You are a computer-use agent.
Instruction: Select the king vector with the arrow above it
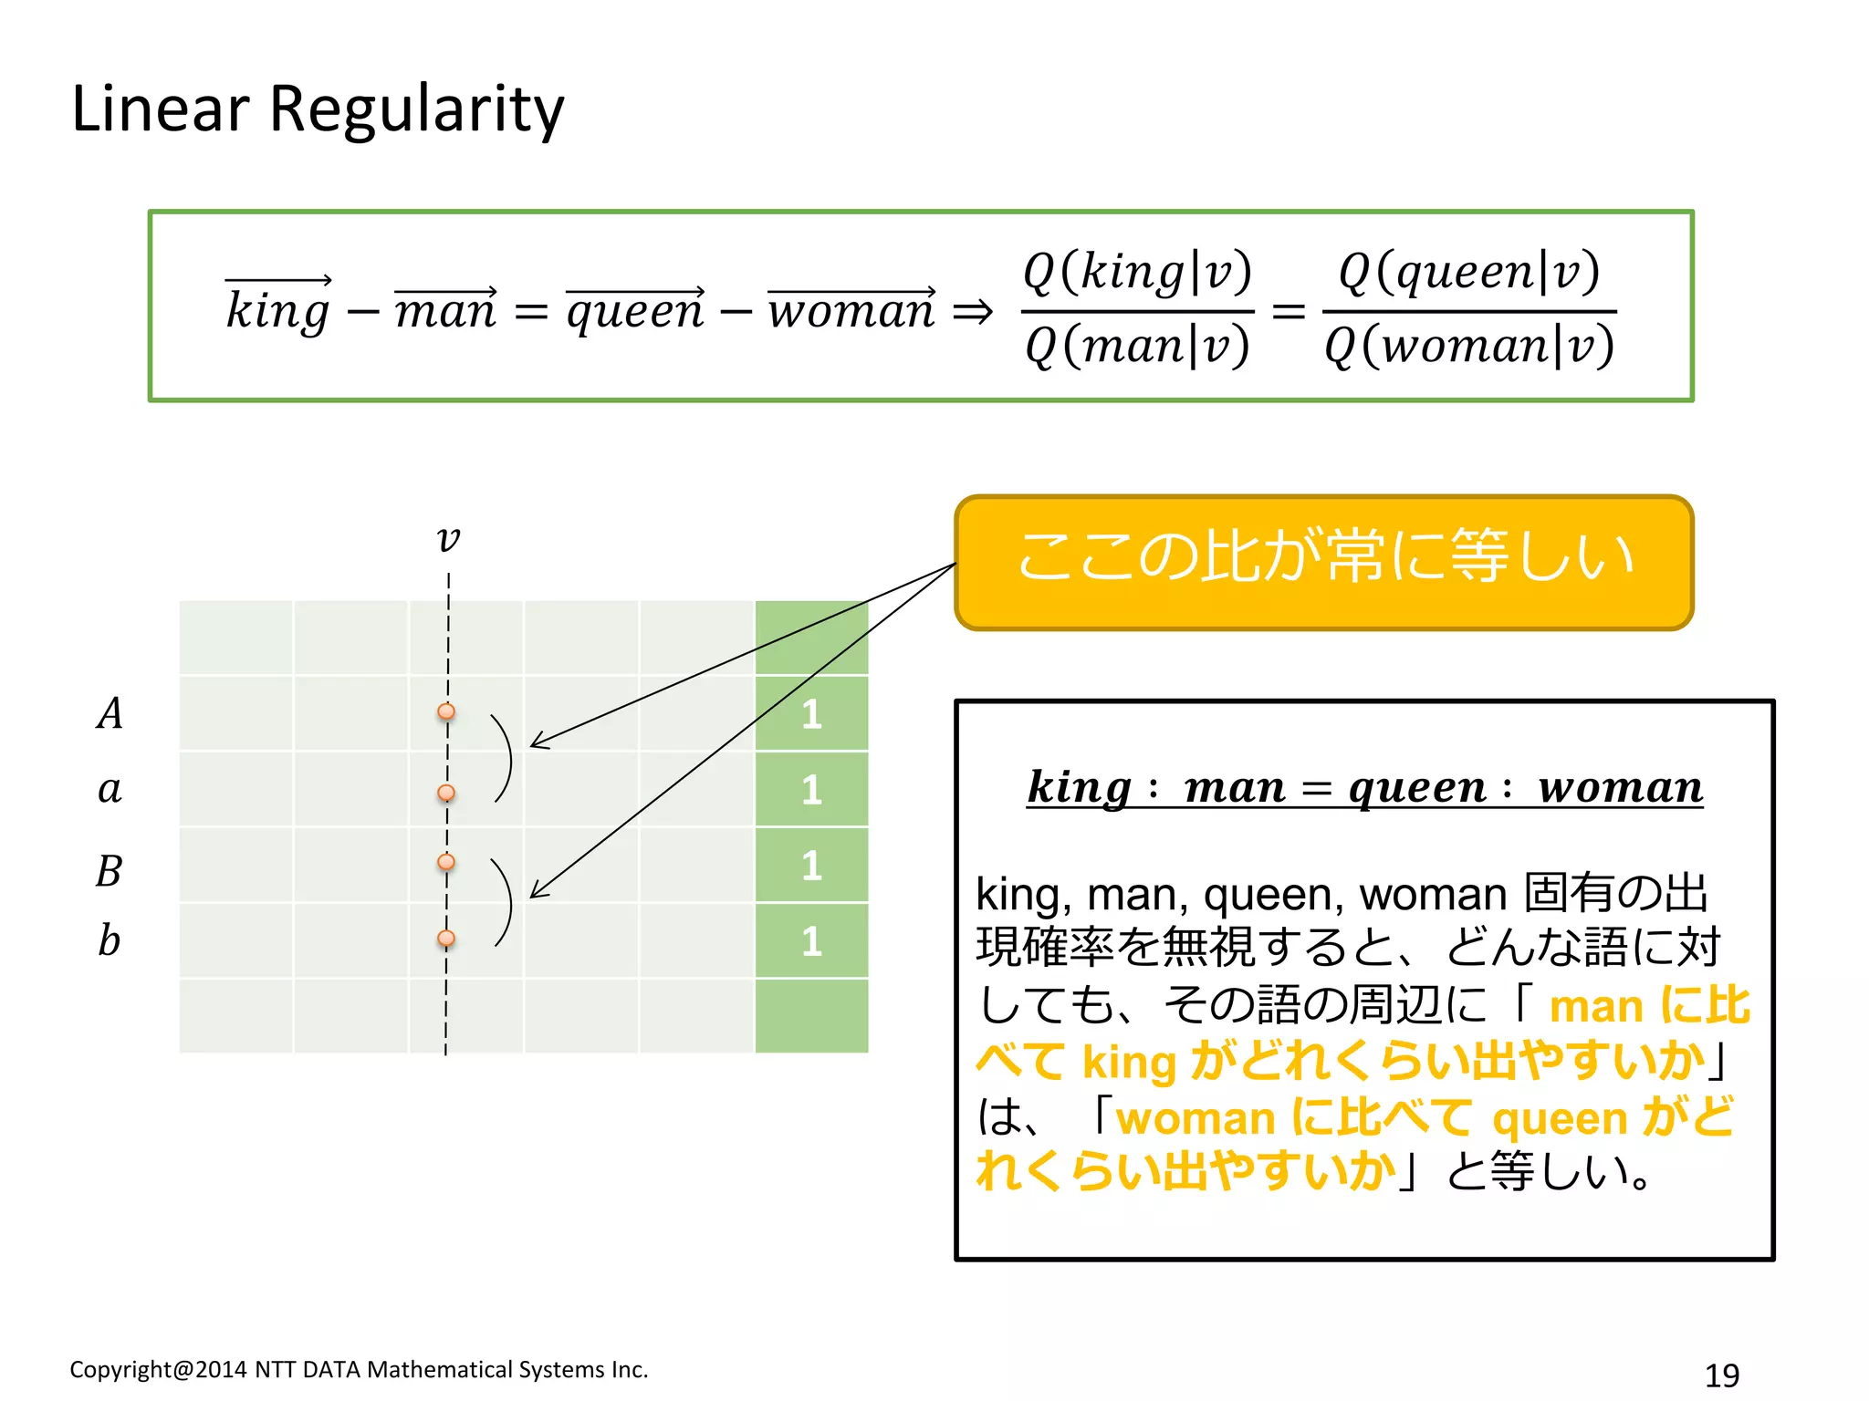click(x=278, y=306)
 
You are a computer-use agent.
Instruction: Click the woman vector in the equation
click(x=851, y=308)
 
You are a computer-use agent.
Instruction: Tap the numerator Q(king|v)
click(x=1137, y=272)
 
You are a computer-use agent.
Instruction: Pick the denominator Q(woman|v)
click(x=1469, y=347)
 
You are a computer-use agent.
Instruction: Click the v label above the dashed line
click(x=448, y=538)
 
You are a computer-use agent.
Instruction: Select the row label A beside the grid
click(x=110, y=713)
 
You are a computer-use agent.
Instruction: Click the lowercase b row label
click(x=109, y=940)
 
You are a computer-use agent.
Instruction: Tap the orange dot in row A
click(x=446, y=711)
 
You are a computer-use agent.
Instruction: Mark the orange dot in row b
click(x=446, y=938)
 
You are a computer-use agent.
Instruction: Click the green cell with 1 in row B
click(x=811, y=866)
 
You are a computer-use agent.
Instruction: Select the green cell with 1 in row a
click(x=811, y=790)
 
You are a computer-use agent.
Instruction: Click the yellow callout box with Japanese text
click(x=1323, y=562)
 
